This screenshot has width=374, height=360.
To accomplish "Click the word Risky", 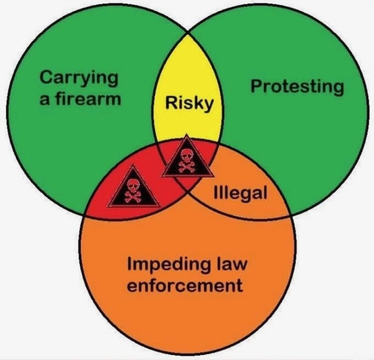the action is pyautogui.click(x=189, y=104).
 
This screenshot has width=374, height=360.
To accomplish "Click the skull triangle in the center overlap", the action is pyautogui.click(x=187, y=156).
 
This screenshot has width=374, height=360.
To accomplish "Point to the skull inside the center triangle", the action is pyautogui.click(x=187, y=155).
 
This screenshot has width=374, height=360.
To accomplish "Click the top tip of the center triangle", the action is pyautogui.click(x=187, y=135).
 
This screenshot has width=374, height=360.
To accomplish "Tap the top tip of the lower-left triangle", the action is pyautogui.click(x=132, y=166).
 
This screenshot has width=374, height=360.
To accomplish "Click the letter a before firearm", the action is pyautogui.click(x=45, y=100).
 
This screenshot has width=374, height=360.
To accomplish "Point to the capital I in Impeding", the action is pyautogui.click(x=130, y=263).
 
